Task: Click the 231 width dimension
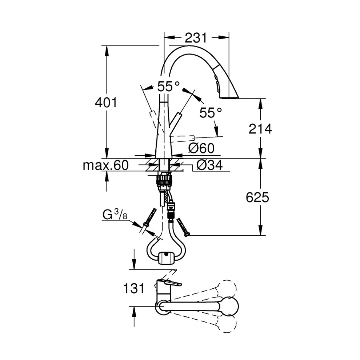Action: click(196, 37)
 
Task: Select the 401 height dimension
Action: click(106, 103)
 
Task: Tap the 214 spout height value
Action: click(260, 129)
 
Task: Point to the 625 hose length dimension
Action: click(257, 197)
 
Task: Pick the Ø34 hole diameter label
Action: click(209, 165)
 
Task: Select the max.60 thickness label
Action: click(105, 165)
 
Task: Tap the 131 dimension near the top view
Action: click(133, 288)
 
